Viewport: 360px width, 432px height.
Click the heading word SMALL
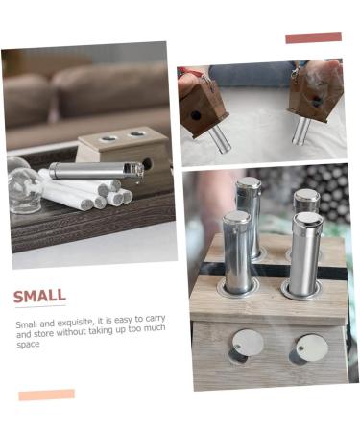point(39,296)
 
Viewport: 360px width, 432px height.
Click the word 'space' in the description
point(28,344)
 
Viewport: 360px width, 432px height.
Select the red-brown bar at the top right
point(313,37)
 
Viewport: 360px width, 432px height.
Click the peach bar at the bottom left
point(46,395)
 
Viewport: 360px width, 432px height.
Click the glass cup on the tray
point(24,188)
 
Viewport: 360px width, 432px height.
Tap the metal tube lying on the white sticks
point(94,171)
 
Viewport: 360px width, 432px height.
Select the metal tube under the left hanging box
point(219,137)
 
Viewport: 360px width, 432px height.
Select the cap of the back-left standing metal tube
point(248,182)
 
